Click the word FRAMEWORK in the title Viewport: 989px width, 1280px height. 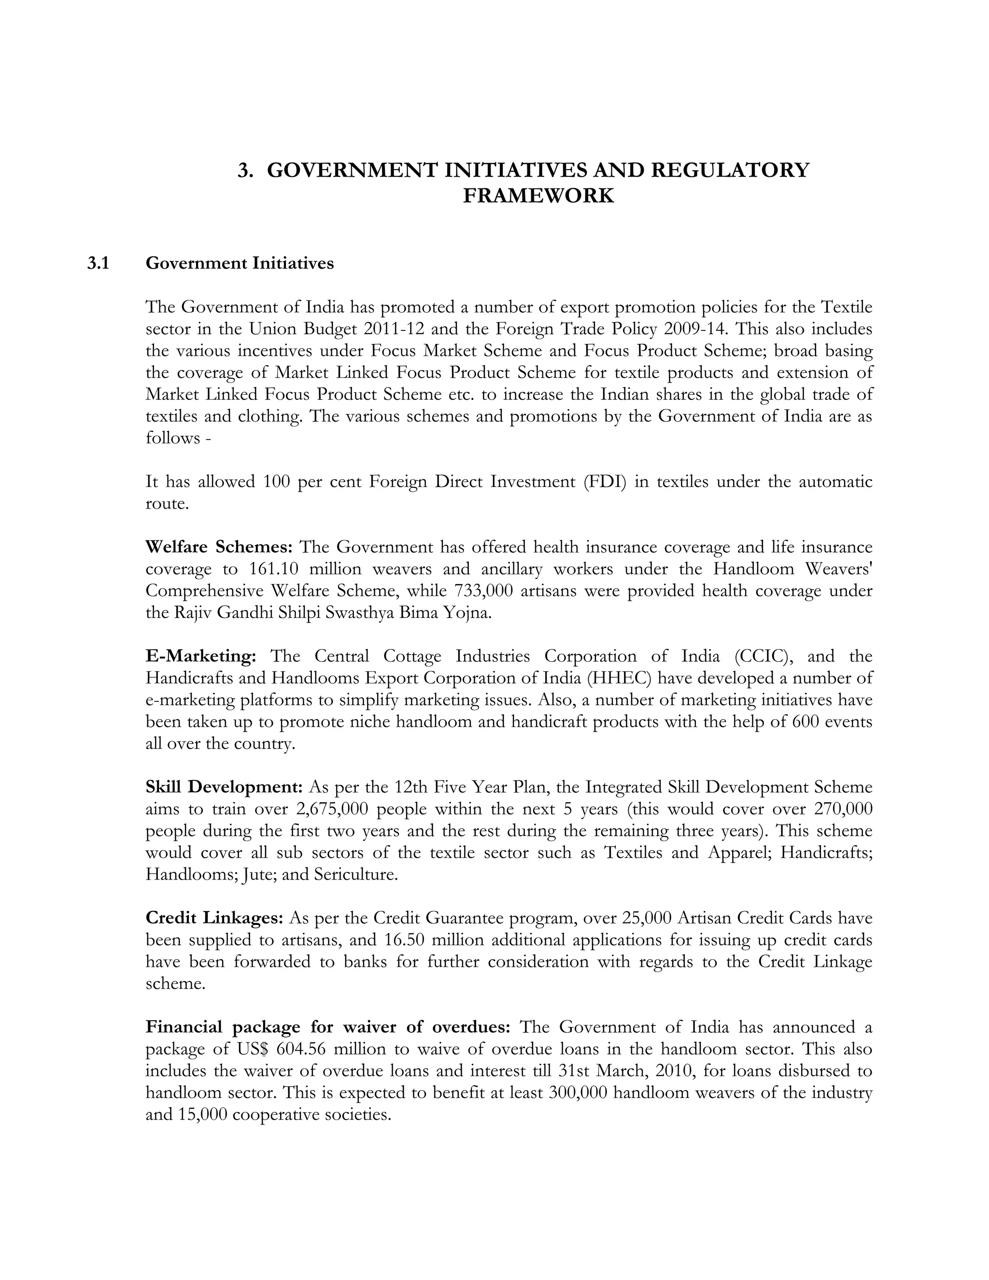pyautogui.click(x=538, y=196)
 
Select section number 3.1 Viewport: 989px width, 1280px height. pyautogui.click(x=99, y=264)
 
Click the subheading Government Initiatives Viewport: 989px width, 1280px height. pyautogui.click(x=240, y=264)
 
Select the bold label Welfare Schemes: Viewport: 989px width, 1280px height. pyautogui.click(x=219, y=547)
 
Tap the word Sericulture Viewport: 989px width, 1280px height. pyautogui.click(x=355, y=874)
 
